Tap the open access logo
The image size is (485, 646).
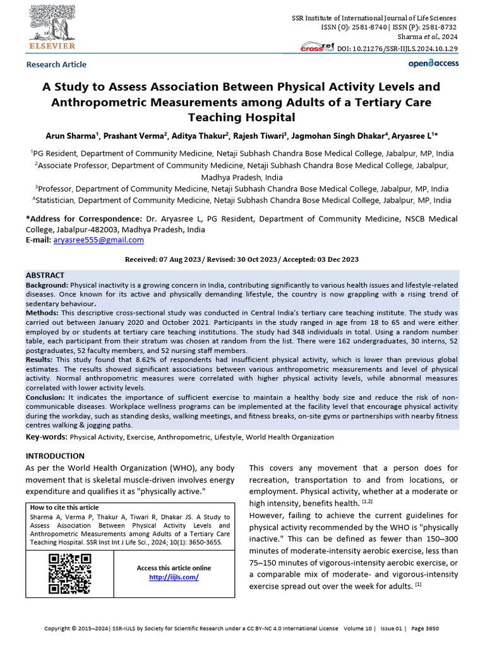[x=433, y=63]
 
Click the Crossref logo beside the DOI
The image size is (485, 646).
[x=318, y=48]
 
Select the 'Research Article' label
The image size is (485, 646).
[x=56, y=64]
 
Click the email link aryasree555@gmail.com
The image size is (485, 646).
[x=99, y=240]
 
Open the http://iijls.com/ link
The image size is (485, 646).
[x=174, y=577]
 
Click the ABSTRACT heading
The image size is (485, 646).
[x=45, y=276]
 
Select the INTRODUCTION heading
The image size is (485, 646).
[x=54, y=455]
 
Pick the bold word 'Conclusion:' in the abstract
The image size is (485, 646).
[x=47, y=397]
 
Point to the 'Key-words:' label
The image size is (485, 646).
[x=46, y=437]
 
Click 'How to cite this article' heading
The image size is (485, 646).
[x=64, y=508]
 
